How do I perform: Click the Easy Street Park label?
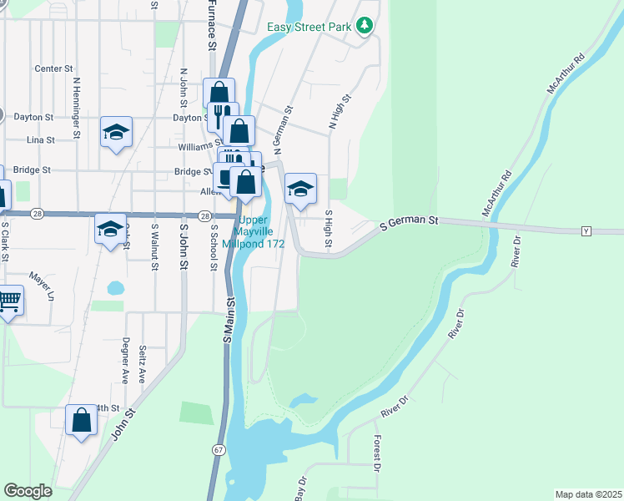click(307, 27)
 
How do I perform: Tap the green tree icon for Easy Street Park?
click(364, 27)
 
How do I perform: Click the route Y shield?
click(586, 230)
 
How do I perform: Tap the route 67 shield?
click(219, 449)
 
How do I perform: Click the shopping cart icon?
click(8, 301)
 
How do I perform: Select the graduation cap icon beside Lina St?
click(116, 132)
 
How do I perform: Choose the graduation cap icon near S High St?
click(300, 189)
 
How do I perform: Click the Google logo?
click(28, 491)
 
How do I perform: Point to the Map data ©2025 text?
click(588, 494)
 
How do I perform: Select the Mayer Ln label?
click(40, 284)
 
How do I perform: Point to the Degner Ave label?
click(125, 360)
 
